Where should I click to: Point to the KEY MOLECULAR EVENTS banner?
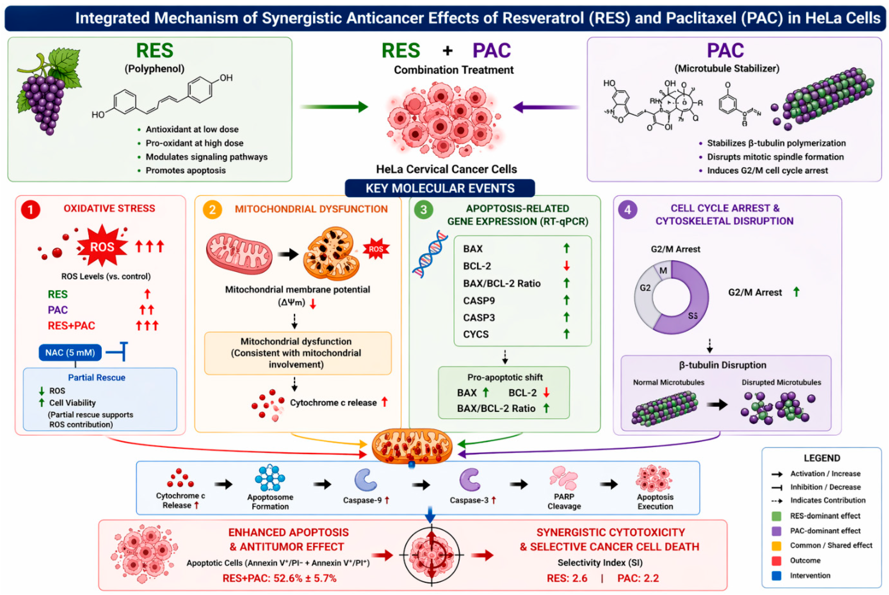coord(440,188)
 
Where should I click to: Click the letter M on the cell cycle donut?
coord(663,271)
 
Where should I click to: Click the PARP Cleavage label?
coord(564,501)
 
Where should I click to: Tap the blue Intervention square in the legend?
coord(776,576)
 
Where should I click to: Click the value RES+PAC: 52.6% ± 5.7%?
coord(280,578)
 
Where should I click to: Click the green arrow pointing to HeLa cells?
coord(334,107)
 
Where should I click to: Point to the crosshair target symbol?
coord(432,555)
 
